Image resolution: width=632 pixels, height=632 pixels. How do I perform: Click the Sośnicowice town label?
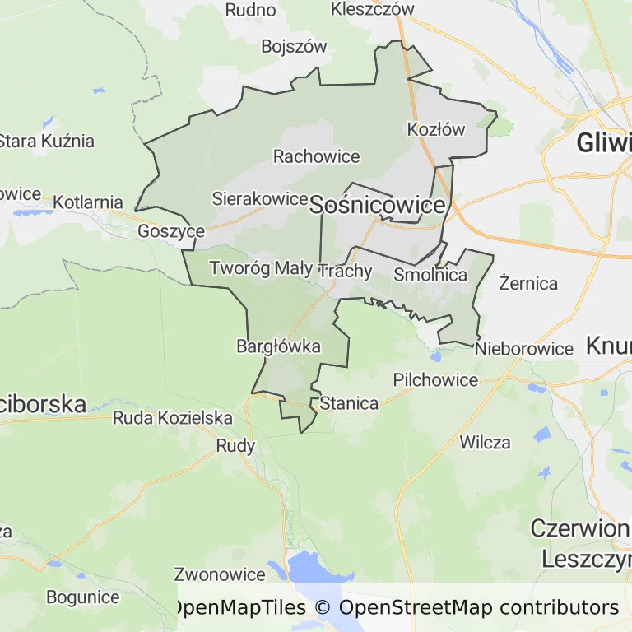click(378, 206)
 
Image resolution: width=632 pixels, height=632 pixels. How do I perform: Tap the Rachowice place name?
click(317, 156)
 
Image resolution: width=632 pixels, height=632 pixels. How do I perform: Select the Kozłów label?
click(436, 129)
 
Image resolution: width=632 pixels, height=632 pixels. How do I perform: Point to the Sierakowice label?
click(259, 198)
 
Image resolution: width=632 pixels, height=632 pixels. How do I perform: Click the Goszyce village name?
click(171, 231)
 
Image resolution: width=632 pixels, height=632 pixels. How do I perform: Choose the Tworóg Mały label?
click(261, 268)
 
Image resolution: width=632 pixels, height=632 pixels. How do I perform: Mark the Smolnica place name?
click(431, 275)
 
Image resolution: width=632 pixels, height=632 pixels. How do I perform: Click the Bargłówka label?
click(278, 346)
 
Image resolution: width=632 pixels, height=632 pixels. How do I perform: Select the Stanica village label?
click(349, 403)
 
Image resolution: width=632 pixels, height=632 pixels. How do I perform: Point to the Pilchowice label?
click(435, 379)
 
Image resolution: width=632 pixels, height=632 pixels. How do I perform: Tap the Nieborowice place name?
click(524, 349)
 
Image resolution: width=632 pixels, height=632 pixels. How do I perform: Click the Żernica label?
click(528, 283)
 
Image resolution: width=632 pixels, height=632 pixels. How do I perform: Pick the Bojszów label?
click(295, 47)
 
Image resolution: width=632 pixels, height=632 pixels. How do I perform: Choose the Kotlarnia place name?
click(88, 202)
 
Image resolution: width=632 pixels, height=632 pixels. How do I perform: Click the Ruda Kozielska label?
click(173, 418)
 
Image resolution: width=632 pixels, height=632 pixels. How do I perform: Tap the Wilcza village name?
click(485, 443)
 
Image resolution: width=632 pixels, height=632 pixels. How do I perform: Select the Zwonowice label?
click(220, 574)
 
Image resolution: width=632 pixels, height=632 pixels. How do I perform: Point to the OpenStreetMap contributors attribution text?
click(479, 608)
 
